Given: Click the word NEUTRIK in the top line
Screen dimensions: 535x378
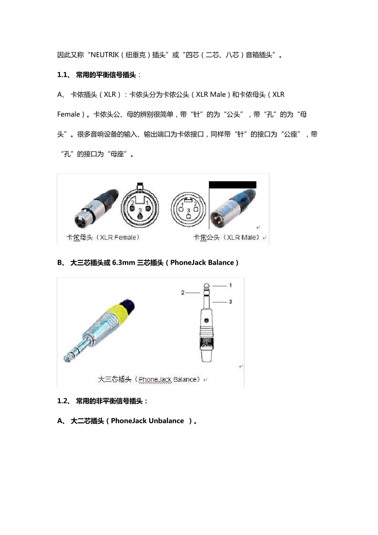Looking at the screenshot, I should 105,55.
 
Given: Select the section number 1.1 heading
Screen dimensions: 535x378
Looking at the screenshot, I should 63,75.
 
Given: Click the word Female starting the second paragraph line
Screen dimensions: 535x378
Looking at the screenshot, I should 68,115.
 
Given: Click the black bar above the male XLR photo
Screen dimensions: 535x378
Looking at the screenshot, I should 232,185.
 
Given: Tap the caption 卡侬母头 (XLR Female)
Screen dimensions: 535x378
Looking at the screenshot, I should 103,238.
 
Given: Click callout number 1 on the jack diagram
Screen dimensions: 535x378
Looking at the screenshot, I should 230,285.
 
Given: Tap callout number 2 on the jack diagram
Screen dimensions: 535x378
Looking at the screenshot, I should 183,293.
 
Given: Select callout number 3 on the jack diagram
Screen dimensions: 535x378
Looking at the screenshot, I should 230,302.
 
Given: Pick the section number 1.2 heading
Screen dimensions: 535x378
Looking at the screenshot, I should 63,401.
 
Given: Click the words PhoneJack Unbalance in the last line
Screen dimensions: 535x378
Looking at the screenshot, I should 147,421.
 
